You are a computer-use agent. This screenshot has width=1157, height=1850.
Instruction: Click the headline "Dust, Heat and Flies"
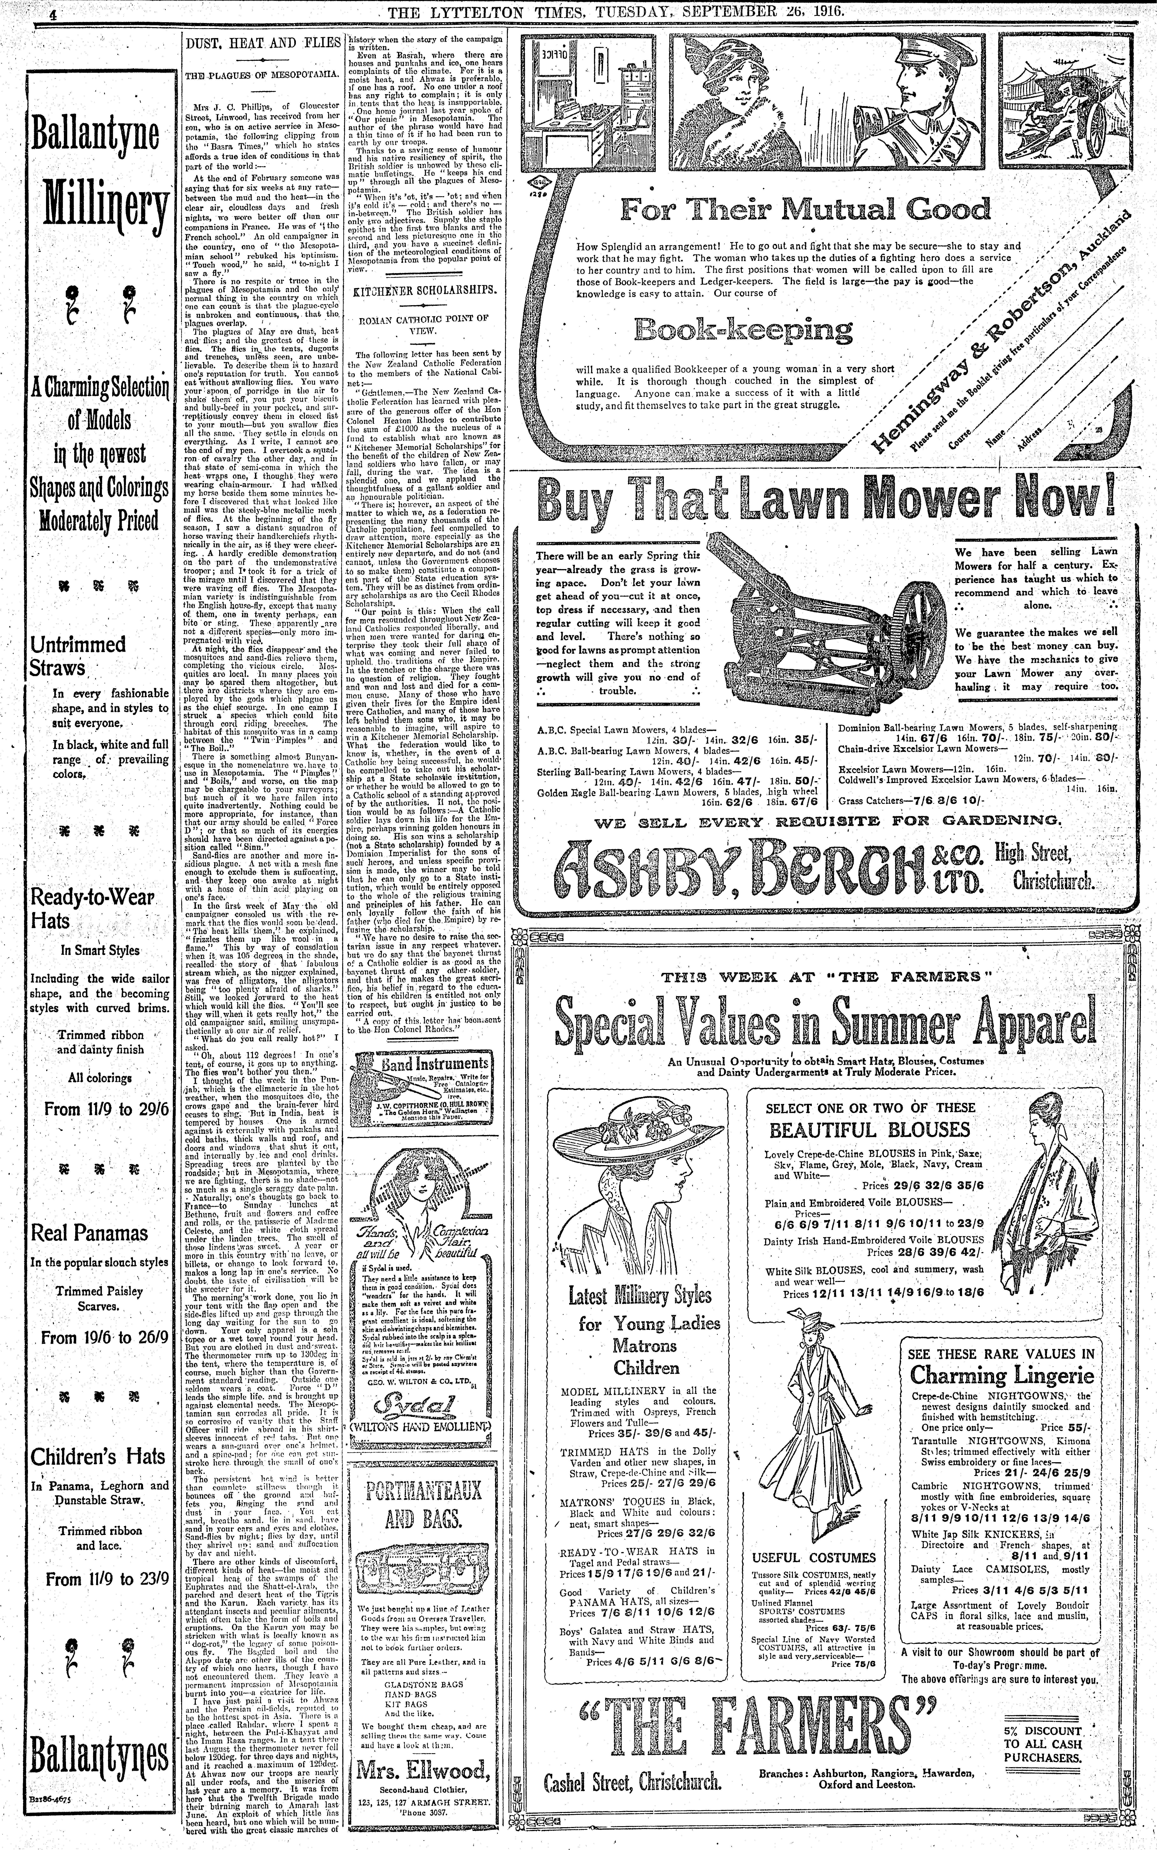(x=262, y=44)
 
